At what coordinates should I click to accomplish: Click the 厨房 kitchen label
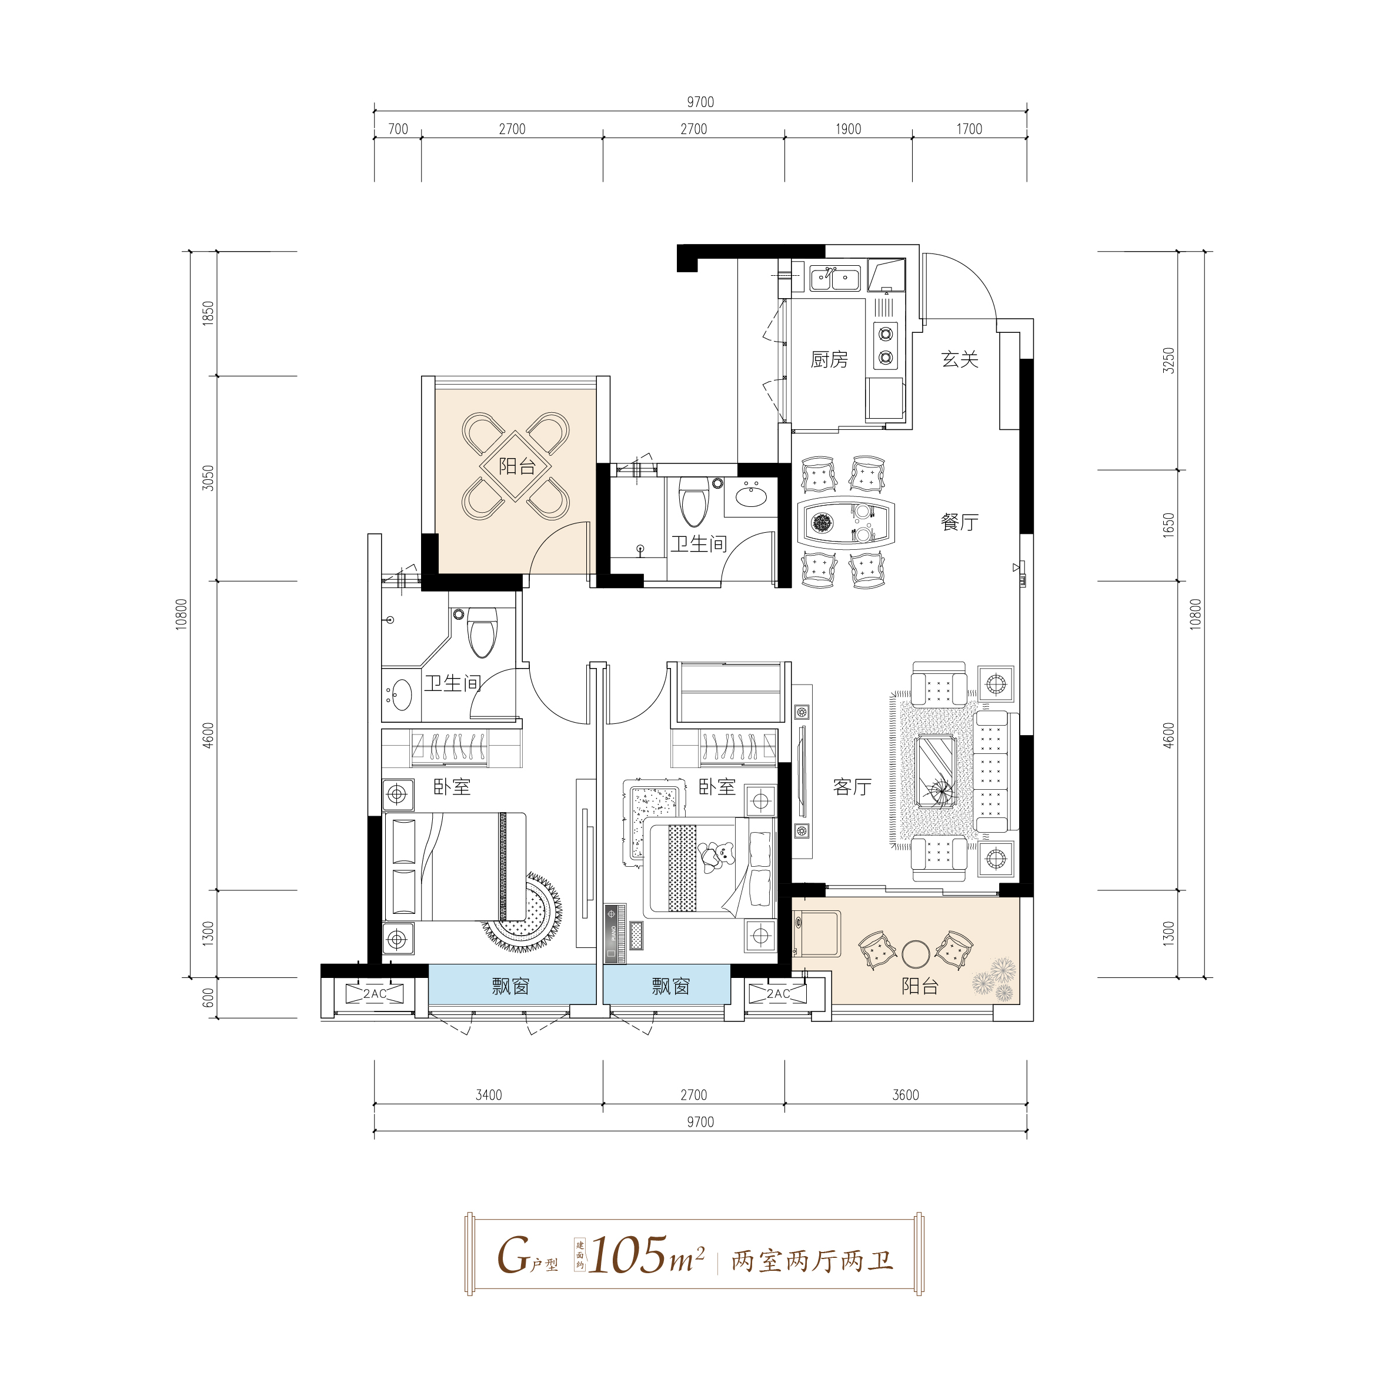(829, 359)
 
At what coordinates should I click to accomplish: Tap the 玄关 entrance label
(960, 359)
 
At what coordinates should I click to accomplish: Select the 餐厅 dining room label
(960, 522)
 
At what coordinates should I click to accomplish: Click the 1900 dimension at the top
(849, 129)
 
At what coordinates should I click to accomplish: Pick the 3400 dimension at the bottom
(489, 1095)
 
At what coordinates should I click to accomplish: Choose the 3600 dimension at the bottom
(906, 1095)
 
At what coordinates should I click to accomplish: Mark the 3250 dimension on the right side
(1169, 361)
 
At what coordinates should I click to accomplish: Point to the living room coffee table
(936, 772)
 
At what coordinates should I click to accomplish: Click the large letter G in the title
(513, 1256)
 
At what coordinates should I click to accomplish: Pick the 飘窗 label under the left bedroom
(510, 986)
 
